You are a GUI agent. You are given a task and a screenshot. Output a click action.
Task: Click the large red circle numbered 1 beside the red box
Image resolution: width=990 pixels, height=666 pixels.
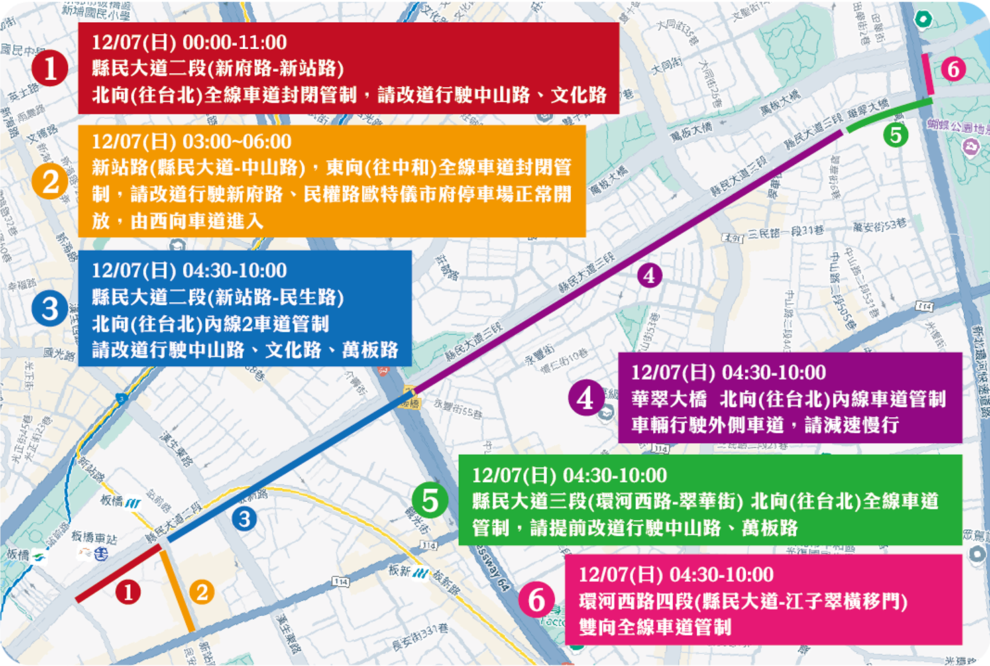tap(50, 68)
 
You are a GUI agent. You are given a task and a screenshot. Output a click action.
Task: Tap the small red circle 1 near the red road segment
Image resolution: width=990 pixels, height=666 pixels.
tap(127, 592)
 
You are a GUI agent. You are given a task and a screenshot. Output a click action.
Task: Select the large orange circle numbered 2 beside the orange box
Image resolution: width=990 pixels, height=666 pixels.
tap(50, 182)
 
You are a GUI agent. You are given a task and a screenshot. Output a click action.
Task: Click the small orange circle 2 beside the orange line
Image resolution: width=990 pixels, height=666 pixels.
tap(202, 592)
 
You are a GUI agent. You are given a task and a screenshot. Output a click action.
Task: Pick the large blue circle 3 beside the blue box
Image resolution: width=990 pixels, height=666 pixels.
tap(50, 309)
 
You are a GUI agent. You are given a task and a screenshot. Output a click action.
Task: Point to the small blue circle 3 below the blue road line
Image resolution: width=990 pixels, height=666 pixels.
tap(244, 518)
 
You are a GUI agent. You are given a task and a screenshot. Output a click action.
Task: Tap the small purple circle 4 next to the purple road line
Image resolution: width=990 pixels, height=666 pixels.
tap(649, 275)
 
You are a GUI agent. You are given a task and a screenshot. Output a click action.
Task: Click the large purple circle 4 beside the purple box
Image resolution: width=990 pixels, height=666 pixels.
tap(586, 398)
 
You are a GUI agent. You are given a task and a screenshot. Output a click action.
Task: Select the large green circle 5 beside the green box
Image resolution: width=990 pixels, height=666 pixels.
tap(430, 500)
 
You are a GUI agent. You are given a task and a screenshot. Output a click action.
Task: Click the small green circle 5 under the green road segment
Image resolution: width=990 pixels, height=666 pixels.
tap(895, 135)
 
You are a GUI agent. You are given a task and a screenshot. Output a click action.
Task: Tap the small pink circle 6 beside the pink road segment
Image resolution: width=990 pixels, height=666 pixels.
tap(953, 69)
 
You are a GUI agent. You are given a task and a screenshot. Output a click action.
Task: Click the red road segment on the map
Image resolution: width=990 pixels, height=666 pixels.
tap(118, 573)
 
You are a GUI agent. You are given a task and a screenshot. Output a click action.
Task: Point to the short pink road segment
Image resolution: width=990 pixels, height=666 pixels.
tap(928, 74)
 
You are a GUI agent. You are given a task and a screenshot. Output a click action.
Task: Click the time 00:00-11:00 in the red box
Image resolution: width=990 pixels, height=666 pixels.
tap(235, 42)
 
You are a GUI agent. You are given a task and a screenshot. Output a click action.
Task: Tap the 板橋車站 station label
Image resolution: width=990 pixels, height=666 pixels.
tap(93, 537)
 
